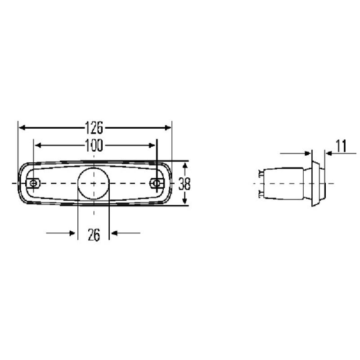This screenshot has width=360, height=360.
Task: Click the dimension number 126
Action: pyautogui.click(x=94, y=128)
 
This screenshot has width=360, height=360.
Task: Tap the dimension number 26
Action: pyautogui.click(x=94, y=235)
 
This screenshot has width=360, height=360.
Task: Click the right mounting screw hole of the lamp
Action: pyautogui.click(x=156, y=183)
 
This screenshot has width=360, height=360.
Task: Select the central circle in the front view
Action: pyautogui.click(x=94, y=184)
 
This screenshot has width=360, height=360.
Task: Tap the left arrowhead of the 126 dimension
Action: pyautogui.click(x=21, y=128)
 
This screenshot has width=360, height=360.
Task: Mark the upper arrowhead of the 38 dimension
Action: pyautogui.click(x=184, y=166)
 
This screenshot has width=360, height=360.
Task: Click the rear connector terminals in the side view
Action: pyautogui.click(x=262, y=184)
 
